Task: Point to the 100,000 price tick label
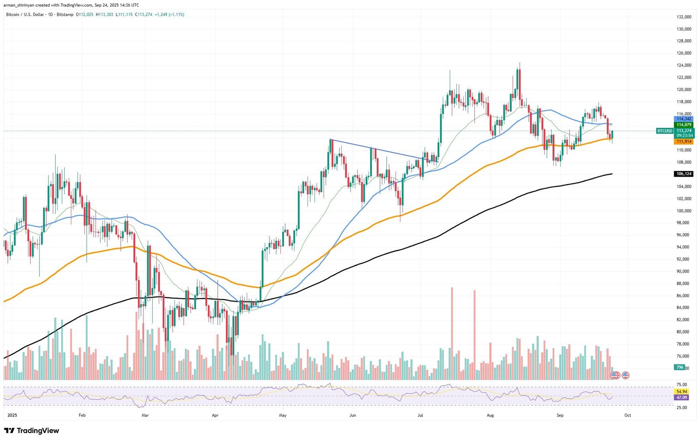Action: click(x=684, y=210)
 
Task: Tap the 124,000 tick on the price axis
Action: click(x=684, y=65)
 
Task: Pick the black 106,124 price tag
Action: click(x=684, y=174)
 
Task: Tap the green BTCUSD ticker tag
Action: click(x=665, y=131)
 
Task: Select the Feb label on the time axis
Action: click(x=82, y=415)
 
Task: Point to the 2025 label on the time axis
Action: click(x=12, y=415)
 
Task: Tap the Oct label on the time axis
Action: click(x=627, y=415)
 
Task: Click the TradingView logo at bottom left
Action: click(x=31, y=431)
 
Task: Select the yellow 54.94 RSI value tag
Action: click(x=682, y=392)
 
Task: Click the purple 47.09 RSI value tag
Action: click(x=682, y=397)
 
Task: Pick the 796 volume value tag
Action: click(x=680, y=367)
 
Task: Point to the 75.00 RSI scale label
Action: click(x=682, y=385)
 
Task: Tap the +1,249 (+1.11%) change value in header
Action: click(x=169, y=14)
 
